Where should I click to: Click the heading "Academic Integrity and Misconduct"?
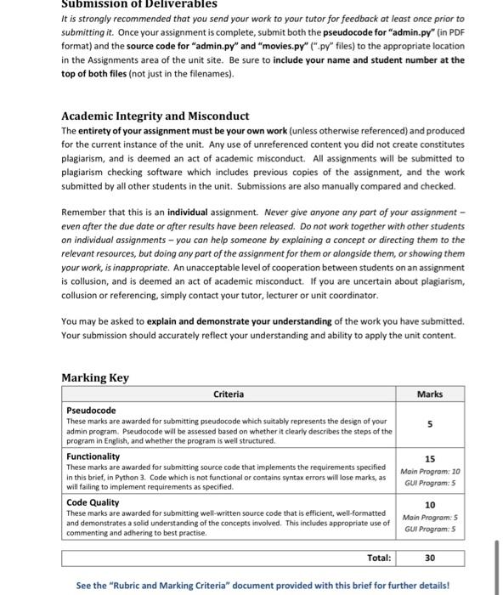(155, 116)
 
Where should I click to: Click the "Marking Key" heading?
(95, 377)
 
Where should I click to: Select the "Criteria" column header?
(229, 394)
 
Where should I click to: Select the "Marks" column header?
(430, 394)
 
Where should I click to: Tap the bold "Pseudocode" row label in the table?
(91, 411)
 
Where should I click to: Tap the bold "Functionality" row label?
(93, 456)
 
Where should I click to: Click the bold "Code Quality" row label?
(93, 502)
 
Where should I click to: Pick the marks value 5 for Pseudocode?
(430, 424)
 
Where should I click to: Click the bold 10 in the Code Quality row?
(430, 505)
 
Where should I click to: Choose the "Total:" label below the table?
(378, 558)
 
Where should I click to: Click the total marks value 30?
(430, 558)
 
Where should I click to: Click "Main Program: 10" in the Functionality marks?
(430, 471)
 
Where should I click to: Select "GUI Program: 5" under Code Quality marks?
(430, 528)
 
